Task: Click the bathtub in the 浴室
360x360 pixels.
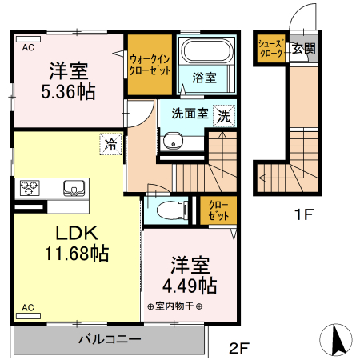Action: [206, 50]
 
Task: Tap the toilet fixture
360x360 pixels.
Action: [172, 210]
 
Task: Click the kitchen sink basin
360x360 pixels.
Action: [74, 188]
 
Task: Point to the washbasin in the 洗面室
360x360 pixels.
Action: [173, 142]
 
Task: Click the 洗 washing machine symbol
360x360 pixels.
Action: [224, 116]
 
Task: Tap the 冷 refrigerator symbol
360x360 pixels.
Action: [110, 144]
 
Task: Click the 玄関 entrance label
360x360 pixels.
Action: [304, 49]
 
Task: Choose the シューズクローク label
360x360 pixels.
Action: [271, 49]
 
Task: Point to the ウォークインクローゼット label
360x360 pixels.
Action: [150, 65]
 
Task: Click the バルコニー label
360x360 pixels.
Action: [110, 339]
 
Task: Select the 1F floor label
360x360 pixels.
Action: [304, 214]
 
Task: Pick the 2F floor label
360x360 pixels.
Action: [239, 348]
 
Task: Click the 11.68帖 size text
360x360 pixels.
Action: [77, 254]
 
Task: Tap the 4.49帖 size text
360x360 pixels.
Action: [190, 286]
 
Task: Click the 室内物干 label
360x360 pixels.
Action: [174, 306]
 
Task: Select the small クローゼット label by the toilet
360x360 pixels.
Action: [218, 210]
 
